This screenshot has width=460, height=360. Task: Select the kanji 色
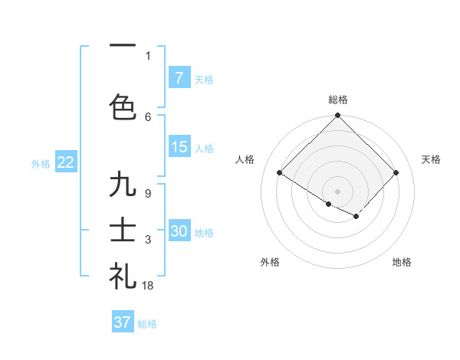coord(123,106)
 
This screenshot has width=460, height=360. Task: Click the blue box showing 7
coord(179,78)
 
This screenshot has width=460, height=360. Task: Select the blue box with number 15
coord(179,147)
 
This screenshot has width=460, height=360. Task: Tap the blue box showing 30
coord(179,231)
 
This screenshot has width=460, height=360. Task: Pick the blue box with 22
coord(65,162)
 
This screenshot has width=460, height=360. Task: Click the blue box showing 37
coord(123,322)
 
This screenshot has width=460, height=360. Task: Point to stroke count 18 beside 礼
coord(148,286)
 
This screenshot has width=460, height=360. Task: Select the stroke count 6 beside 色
coord(148,116)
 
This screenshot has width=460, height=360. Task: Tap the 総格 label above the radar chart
coord(338,100)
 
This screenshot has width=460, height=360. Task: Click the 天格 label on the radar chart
coord(432,159)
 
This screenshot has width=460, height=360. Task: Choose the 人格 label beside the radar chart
coord(245,159)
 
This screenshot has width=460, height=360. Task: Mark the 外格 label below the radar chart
coord(270,262)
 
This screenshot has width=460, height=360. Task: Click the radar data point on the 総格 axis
coord(337,116)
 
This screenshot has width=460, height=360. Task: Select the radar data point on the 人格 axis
coord(280,173)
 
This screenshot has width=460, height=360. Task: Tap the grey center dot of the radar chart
coord(337,191)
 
